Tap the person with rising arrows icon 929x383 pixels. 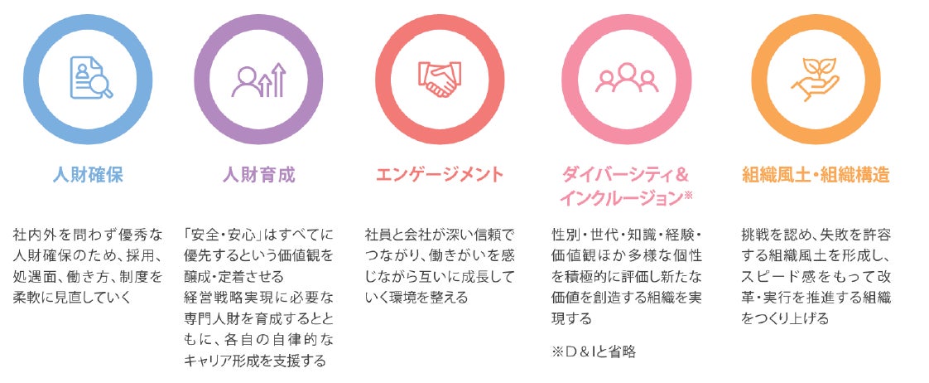259,80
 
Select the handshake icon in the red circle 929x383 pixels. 440,79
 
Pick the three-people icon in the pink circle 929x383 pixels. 627,79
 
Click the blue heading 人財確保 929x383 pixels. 88,175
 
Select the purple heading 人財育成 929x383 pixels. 259,175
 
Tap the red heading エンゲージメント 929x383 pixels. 440,175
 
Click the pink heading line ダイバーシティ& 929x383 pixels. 625,175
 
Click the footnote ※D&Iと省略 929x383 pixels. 594,353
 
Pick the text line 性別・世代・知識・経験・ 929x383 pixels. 627,235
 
